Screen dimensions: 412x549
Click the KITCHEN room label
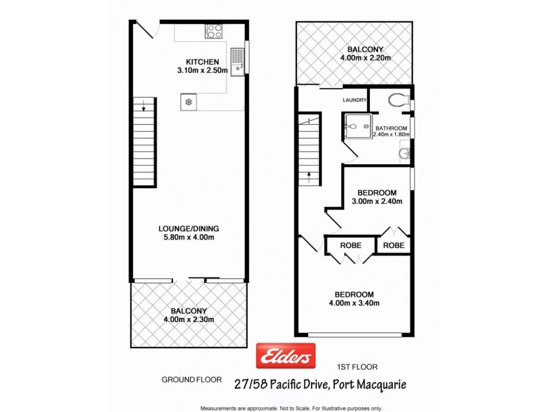197,61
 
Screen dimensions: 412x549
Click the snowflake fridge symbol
187,102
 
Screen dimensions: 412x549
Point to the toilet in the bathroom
398,101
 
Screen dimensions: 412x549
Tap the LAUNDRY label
355,100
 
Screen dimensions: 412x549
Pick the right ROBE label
394,245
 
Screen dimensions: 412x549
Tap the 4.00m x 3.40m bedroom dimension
354,303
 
